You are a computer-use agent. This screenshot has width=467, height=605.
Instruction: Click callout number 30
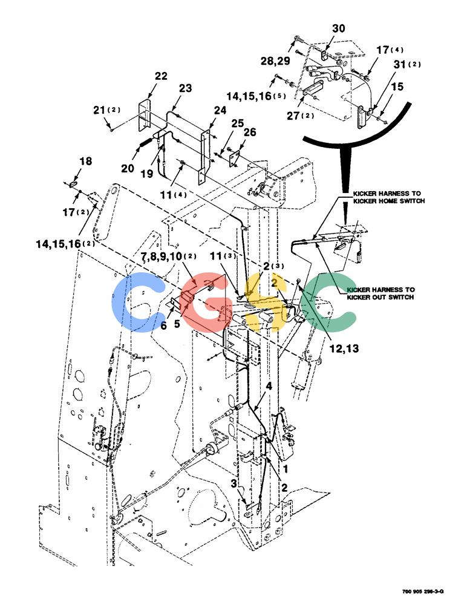[339, 28]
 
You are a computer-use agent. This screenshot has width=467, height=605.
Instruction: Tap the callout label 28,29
[275, 61]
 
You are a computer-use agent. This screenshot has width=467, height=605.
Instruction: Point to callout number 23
[185, 88]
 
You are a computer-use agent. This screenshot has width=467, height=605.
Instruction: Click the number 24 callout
[220, 110]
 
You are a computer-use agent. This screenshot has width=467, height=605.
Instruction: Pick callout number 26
[250, 132]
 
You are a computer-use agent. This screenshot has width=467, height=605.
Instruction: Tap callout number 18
[86, 161]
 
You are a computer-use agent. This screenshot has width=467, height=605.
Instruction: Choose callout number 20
[128, 169]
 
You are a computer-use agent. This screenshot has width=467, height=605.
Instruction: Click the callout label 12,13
[344, 348]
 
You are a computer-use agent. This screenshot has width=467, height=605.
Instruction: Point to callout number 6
[164, 326]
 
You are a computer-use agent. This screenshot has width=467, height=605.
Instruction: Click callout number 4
[269, 386]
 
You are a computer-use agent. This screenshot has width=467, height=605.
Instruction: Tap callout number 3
[234, 483]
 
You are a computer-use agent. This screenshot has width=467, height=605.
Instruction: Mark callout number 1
[286, 469]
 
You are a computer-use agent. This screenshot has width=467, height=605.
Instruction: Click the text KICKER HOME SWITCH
[389, 201]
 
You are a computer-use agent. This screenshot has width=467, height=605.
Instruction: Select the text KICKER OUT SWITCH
[380, 297]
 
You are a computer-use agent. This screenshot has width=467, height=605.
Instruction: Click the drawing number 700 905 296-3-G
[423, 592]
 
